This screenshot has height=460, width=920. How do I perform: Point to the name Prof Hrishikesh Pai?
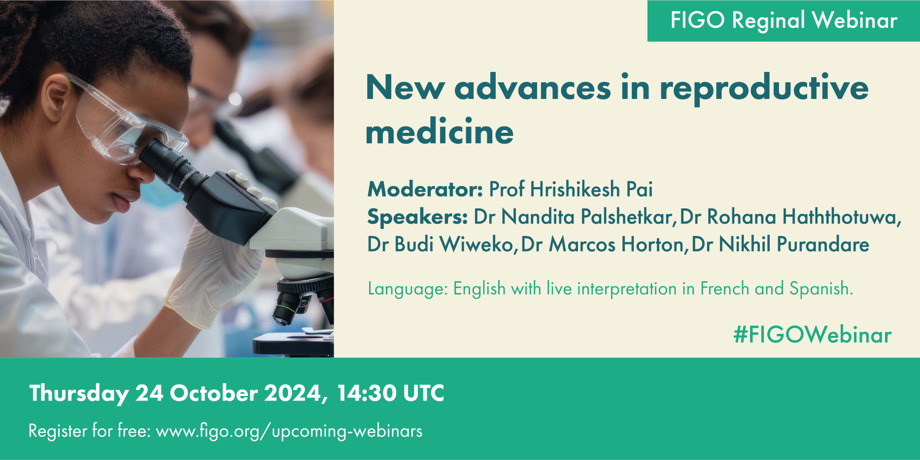coord(571,189)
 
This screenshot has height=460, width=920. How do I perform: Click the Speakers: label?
coord(417,217)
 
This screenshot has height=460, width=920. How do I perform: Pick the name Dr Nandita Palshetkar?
coord(573,217)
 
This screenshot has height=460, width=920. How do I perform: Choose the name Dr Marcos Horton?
coord(602,244)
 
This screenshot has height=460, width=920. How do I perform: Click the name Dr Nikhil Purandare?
coord(780,244)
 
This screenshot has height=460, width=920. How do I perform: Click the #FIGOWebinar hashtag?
coord(813,335)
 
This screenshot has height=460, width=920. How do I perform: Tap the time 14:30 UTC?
coord(390,393)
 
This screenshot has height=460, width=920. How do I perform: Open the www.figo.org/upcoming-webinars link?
coord(289,431)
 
